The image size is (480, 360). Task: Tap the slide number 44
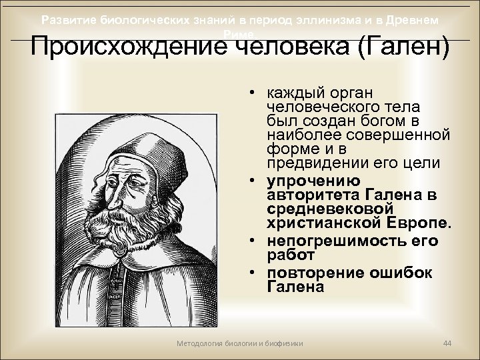(x=447, y=343)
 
